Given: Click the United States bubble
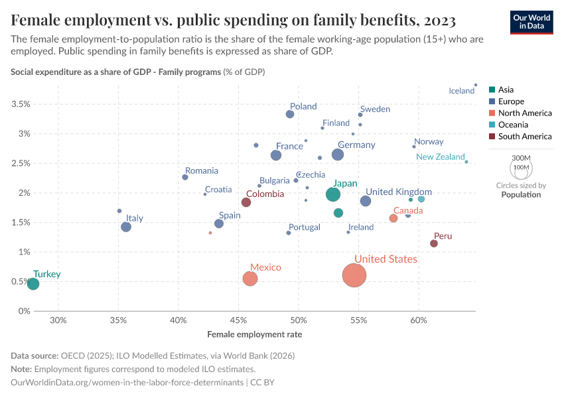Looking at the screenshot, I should (355, 275).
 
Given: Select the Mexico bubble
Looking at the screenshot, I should (250, 279).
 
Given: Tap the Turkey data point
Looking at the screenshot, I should (33, 284).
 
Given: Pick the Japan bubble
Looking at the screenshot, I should (333, 194).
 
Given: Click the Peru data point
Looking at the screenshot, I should (434, 243).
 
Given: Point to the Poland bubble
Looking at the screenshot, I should (290, 114).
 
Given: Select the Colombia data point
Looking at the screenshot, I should (246, 202).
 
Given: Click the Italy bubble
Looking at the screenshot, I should (126, 227).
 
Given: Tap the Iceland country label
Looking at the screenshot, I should (462, 91).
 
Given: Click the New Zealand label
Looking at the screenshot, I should (441, 157).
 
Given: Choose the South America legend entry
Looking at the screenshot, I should (524, 137).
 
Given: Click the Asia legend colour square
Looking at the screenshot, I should (492, 90).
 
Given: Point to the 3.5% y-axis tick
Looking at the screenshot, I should (20, 104).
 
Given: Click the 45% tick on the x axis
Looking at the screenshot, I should (238, 321).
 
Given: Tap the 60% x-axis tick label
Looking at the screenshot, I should (419, 321).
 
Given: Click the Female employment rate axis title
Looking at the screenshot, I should (255, 334).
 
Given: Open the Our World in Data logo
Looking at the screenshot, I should (531, 21).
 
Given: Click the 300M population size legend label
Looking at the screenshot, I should (522, 158).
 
